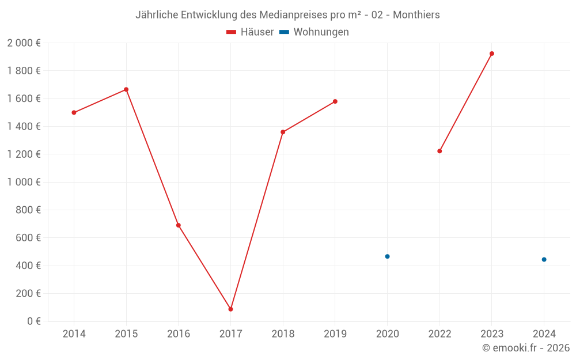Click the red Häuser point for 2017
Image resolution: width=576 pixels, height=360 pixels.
tap(230, 309)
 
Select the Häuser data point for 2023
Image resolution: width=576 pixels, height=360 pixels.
tap(491, 54)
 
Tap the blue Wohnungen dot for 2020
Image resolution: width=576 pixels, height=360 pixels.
tap(387, 256)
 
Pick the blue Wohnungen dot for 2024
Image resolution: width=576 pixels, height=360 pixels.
tap(544, 259)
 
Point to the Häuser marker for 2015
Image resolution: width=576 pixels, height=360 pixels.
tap(126, 89)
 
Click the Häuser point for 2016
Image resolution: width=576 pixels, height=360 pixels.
tap(179, 225)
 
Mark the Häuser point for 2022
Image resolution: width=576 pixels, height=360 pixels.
tap(439, 151)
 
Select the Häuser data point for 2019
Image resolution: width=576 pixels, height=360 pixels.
tap(335, 101)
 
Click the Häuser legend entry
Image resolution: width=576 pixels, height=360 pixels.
tap(250, 32)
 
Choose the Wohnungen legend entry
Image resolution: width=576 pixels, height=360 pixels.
tap(314, 32)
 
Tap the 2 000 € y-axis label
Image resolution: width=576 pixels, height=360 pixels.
tap(24, 43)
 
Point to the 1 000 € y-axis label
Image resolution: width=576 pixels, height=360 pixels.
tap(24, 182)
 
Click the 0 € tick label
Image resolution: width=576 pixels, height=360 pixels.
tap(32, 321)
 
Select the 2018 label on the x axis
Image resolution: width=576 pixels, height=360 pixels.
tap(283, 334)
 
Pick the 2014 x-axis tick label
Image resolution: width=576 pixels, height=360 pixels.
tap(74, 334)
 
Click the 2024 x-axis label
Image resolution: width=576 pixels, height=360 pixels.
tap(544, 334)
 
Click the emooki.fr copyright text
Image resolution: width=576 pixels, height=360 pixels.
tap(526, 348)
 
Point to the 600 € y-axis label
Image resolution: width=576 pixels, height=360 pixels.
tap(27, 237)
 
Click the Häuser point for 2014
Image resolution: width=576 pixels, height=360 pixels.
tap(74, 112)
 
